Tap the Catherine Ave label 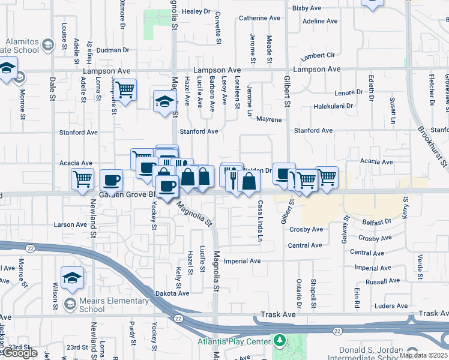coord(259,18)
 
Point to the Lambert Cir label coord(318,56)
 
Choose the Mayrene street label coord(269,119)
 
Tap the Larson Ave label coord(70,224)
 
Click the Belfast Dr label coord(377,222)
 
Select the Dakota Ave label coord(172,293)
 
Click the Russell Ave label coord(382,281)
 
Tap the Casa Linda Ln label coord(261,221)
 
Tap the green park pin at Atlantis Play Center coord(279,341)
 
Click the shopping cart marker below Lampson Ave coord(125,91)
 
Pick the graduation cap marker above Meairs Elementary coord(72,277)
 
